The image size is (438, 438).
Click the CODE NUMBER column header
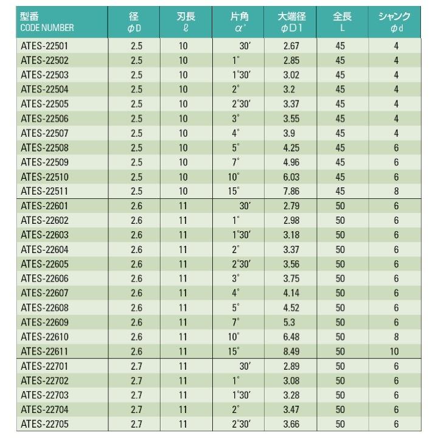pyautogui.click(x=47, y=28)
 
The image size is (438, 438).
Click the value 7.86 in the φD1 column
pyautogui.click(x=291, y=190)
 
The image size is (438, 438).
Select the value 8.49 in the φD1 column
pyautogui.click(x=291, y=350)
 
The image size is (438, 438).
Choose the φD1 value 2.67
pyautogui.click(x=291, y=46)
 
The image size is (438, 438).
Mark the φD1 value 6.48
pyautogui.click(x=291, y=336)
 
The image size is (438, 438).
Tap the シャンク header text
pyautogui.click(x=394, y=17)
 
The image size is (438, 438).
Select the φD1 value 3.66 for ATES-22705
pyautogui.click(x=291, y=423)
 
